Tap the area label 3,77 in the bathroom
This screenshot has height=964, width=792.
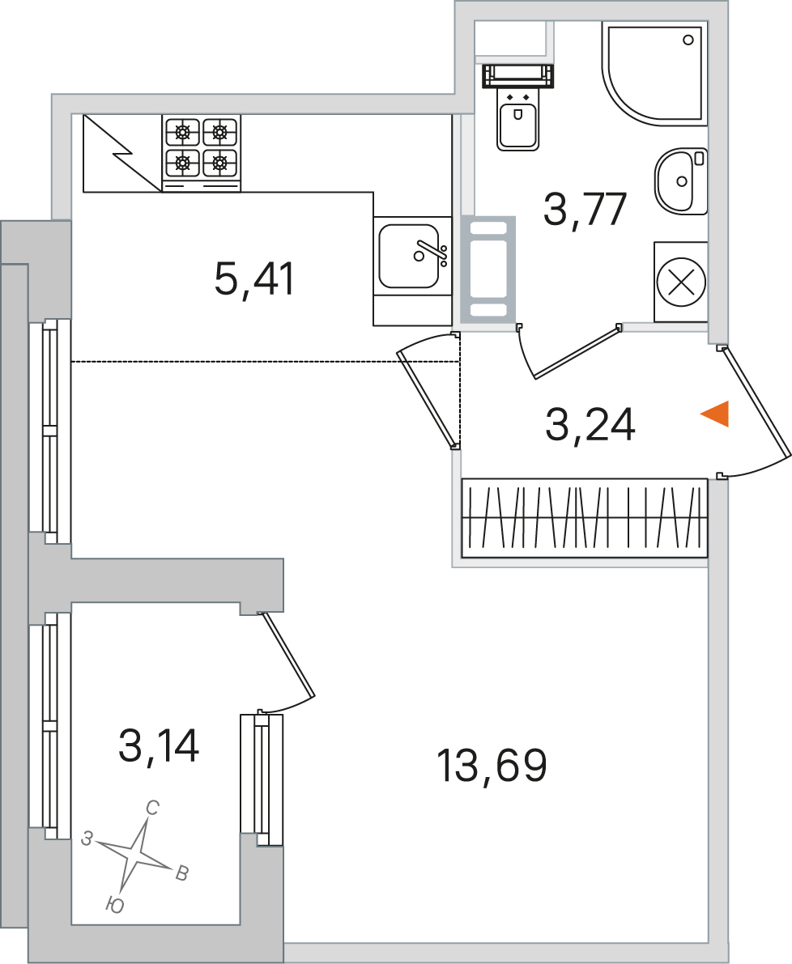(585, 210)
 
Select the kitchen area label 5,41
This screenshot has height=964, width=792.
(255, 278)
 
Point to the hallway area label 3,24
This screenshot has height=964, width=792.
(590, 425)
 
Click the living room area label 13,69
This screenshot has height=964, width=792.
(492, 766)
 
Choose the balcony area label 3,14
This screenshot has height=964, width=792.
(159, 745)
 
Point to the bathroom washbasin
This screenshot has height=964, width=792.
(681, 181)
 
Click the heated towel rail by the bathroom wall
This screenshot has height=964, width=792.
(488, 270)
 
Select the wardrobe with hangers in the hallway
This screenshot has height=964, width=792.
(584, 518)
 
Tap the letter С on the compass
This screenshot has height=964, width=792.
(152, 808)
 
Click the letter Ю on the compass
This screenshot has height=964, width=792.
(115, 905)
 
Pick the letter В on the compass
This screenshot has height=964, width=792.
(182, 873)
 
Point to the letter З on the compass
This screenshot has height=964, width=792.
(87, 838)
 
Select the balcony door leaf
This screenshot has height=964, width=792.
(288, 655)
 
